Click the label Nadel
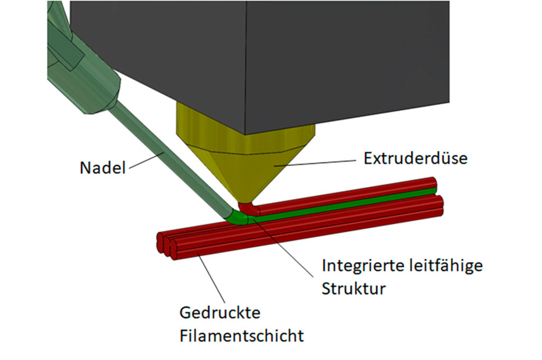[x=102, y=168]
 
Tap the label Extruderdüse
[x=415, y=158]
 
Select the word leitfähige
[x=446, y=266]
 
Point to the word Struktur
[x=354, y=289]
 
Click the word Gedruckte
[x=220, y=313]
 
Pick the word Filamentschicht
[x=241, y=336]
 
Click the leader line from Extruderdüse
[x=315, y=163]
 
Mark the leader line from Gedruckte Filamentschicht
[x=211, y=278]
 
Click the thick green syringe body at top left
[x=83, y=59]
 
